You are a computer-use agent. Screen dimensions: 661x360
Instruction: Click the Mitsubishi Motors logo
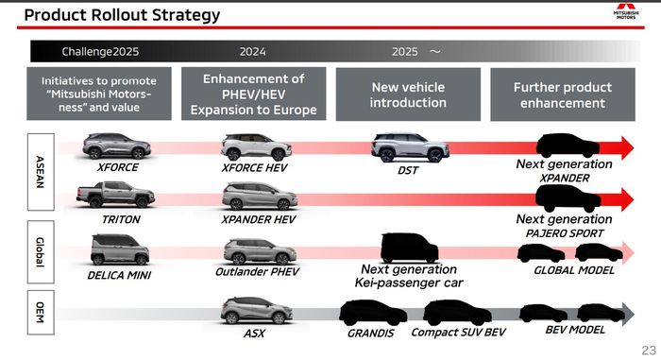coord(624,13)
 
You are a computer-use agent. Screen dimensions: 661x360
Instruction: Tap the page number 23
coord(648,349)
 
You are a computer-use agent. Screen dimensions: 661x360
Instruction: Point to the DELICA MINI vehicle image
coord(118,250)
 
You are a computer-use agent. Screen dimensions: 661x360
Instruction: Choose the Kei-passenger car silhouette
coord(409,248)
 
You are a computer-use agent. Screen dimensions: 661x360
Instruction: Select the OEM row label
coord(41,313)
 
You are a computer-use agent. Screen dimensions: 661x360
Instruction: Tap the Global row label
coord(41,253)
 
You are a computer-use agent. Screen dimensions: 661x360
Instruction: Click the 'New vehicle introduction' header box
coord(407,94)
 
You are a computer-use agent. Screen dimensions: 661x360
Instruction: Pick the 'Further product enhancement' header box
coord(560,94)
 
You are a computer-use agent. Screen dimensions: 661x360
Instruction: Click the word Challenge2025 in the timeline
coord(100,51)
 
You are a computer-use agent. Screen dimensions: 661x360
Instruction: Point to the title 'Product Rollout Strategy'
coord(122,14)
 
